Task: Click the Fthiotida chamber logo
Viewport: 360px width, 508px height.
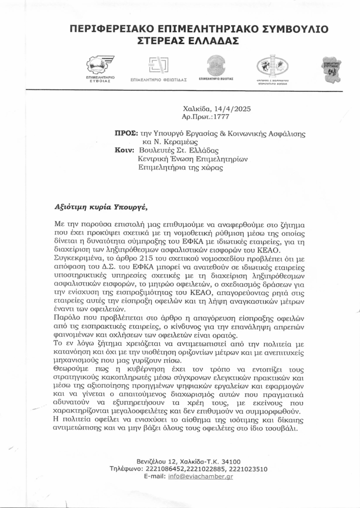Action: pyautogui.click(x=158, y=65)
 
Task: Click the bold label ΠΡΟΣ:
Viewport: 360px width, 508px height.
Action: pyautogui.click(x=123, y=133)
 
